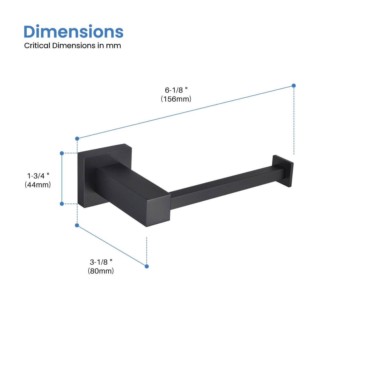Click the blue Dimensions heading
click(73, 32)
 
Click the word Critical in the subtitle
click(37, 46)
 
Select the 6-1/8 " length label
click(176, 90)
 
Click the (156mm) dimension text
click(176, 99)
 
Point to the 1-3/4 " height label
click(38, 176)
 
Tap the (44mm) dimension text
click(38, 185)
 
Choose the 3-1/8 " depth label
click(101, 262)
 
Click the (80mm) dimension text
click(101, 271)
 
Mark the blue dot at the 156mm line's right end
click(294, 85)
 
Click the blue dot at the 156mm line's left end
click(77, 139)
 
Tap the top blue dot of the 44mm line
click(62, 153)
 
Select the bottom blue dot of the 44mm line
click(62, 204)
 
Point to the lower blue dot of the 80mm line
click(147, 267)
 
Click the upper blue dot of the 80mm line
click(77, 225)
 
